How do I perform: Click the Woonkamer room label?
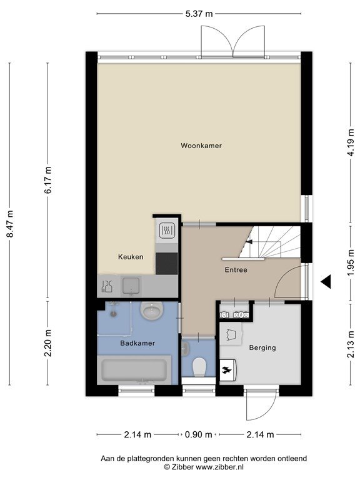pyautogui.click(x=201, y=146)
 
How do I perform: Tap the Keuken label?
pyautogui.click(x=131, y=257)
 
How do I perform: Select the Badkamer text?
pyautogui.click(x=137, y=343)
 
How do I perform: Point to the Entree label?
pyautogui.click(x=236, y=270)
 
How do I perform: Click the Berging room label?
pyautogui.click(x=262, y=347)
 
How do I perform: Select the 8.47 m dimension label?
pyautogui.click(x=10, y=224)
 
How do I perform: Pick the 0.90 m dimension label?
pyautogui.click(x=198, y=434)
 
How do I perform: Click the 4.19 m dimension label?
pyautogui.click(x=351, y=142)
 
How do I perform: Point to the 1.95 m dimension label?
pyautogui.click(x=351, y=263)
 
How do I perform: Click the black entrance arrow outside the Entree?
pyautogui.click(x=326, y=282)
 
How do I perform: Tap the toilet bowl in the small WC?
pyautogui.click(x=199, y=366)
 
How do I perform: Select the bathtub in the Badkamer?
pyautogui.click(x=134, y=370)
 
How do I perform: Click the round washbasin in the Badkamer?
pyautogui.click(x=151, y=311)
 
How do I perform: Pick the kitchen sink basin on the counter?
pyautogui.click(x=131, y=286)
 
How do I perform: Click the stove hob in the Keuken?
pyautogui.click(x=167, y=230)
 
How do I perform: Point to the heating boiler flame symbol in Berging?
pyautogui.click(x=227, y=370)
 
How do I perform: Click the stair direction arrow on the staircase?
pyautogui.click(x=249, y=241)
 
